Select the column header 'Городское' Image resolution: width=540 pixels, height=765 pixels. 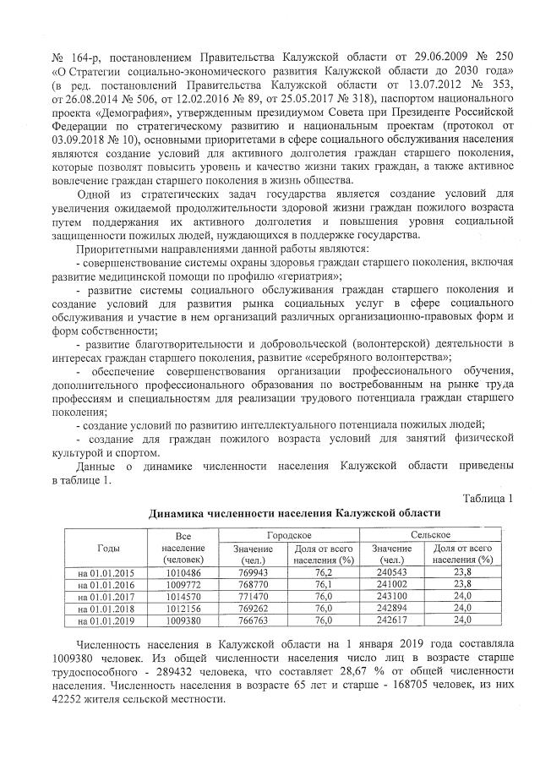coord(289,535)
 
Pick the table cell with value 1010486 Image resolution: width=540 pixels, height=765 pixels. coord(183,571)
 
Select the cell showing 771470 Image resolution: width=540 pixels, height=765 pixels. coord(253,595)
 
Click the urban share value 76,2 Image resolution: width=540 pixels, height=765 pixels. coord(324,571)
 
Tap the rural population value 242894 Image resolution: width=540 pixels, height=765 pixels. coord(394,607)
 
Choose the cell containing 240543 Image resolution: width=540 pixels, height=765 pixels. coord(394,571)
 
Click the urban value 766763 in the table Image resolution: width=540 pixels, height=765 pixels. coord(253,620)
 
